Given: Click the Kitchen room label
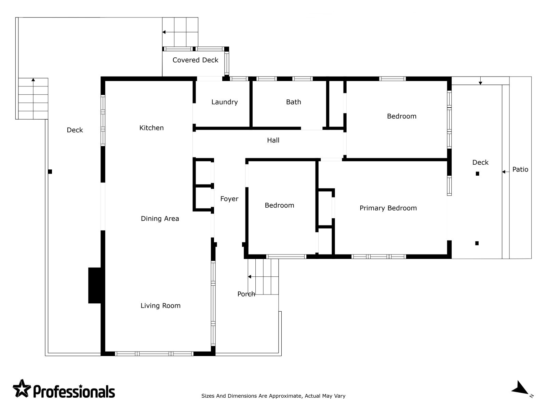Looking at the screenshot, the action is (x=151, y=128).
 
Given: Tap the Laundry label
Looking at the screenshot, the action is (x=225, y=102).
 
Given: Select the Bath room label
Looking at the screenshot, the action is (x=294, y=102).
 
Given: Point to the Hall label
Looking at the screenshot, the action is (x=273, y=140).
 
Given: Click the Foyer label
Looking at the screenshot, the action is (x=229, y=199).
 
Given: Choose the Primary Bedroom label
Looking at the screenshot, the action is (x=388, y=208).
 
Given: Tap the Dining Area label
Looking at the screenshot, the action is (x=160, y=219).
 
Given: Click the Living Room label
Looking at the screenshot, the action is (x=160, y=306).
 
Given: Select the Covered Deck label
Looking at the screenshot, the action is (x=195, y=60).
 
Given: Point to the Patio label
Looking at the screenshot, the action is (x=520, y=169).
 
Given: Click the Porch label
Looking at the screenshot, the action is (x=246, y=294).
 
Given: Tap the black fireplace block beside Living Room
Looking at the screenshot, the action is (x=95, y=286).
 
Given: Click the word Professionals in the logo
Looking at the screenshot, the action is (x=74, y=392).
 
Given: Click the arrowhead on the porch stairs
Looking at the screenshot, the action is (x=250, y=277).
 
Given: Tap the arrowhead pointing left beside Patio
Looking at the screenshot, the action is (x=504, y=172).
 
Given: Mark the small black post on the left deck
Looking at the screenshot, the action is (x=50, y=172).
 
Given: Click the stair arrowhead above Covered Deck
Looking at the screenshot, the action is (x=164, y=32).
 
